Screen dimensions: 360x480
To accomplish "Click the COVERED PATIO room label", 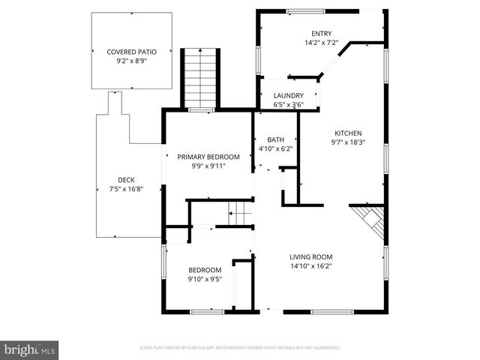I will [131, 52].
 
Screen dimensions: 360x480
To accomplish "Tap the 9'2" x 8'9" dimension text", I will [131, 62].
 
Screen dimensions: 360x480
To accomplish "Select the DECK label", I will [126, 179].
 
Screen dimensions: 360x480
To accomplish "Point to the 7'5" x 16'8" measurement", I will [126, 189].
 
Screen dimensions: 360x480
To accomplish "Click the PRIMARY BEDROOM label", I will [208, 157].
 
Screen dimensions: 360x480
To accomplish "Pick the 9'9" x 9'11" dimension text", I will [208, 166].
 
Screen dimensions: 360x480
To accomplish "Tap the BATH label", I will [276, 139].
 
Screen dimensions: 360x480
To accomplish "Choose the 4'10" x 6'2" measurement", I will [276, 149].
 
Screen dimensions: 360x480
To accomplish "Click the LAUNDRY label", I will [288, 96].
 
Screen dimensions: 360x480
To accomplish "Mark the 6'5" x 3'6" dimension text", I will [288, 105].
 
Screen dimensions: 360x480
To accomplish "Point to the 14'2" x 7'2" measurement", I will [322, 43].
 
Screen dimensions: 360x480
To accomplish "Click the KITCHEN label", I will [349, 132].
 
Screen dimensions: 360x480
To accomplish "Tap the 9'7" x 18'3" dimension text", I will [349, 142].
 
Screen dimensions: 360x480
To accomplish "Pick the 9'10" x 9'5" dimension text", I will [205, 280].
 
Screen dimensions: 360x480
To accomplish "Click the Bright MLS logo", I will [30, 349].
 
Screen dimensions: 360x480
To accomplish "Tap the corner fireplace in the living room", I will [371, 219].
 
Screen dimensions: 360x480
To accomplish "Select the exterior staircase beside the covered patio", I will [199, 79].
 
